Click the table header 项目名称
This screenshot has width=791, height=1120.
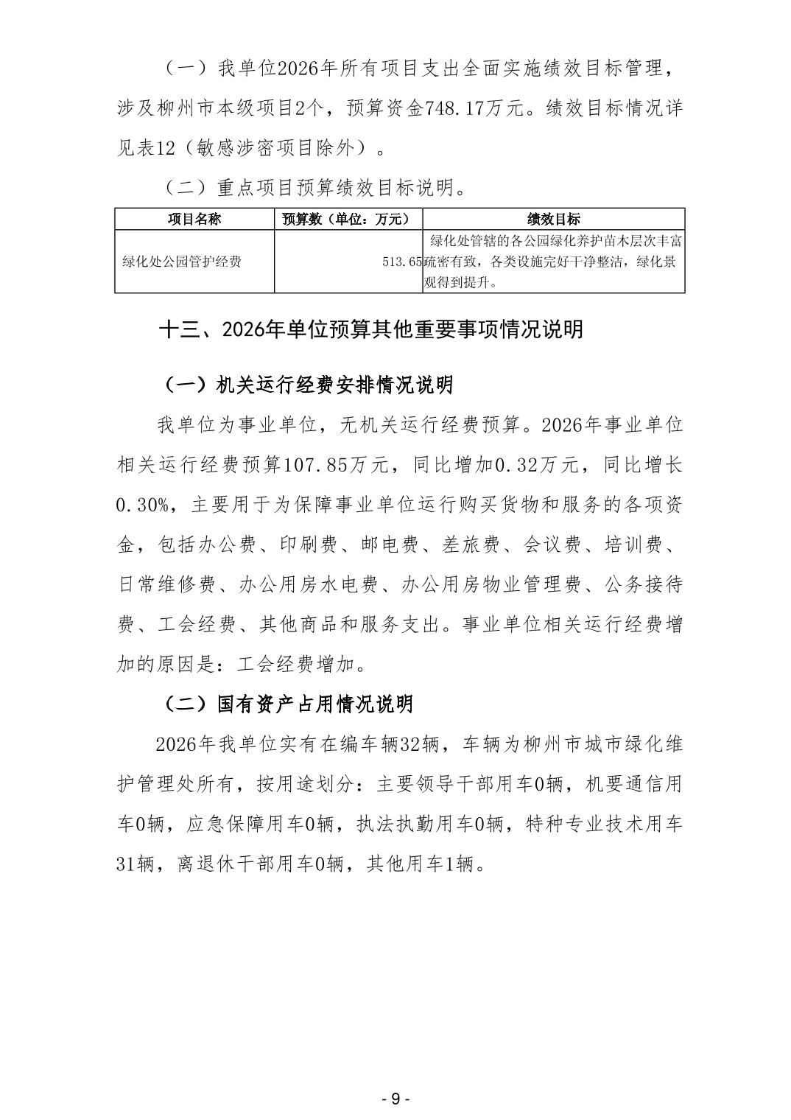[x=194, y=219]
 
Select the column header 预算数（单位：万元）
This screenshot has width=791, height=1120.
[x=348, y=219]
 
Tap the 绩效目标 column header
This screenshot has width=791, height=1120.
[x=554, y=219]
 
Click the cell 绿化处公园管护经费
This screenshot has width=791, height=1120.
[x=181, y=262]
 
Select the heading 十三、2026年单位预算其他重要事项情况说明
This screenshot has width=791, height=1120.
[x=371, y=329]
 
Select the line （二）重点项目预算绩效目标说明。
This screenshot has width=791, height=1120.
[x=314, y=189]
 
